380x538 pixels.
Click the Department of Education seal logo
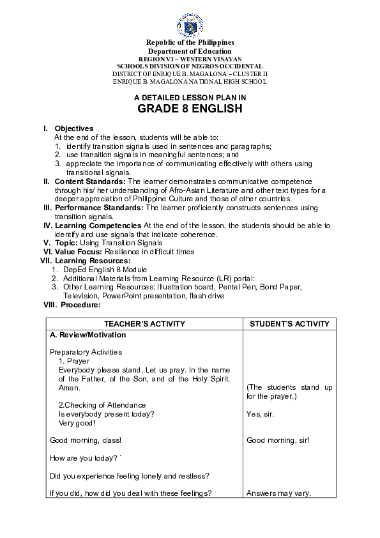tap(190, 25)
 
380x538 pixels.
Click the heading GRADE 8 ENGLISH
tap(190, 109)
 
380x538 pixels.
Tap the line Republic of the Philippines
tap(190, 43)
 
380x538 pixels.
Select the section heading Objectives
tap(73, 128)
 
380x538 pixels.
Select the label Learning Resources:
tap(93, 261)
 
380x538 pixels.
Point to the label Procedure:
tap(80, 305)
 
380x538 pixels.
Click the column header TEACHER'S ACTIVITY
tap(145, 324)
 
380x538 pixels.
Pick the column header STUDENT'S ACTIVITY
tap(289, 324)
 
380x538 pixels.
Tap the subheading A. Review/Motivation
tap(87, 335)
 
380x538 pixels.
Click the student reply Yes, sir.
tap(260, 414)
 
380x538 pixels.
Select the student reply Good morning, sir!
tap(278, 440)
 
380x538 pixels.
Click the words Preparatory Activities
tap(86, 352)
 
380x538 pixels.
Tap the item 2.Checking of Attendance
tap(102, 405)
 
